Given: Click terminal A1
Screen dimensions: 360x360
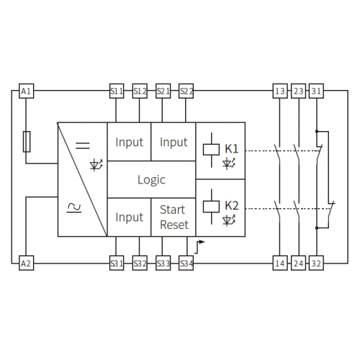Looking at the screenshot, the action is pyautogui.click(x=26, y=91).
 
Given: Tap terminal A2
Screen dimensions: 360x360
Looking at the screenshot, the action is pyautogui.click(x=26, y=264).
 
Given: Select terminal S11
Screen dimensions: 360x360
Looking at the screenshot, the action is pyautogui.click(x=117, y=91).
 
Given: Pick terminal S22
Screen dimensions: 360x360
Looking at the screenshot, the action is pyautogui.click(x=186, y=91).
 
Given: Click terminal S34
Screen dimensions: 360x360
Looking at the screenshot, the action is pyautogui.click(x=186, y=264).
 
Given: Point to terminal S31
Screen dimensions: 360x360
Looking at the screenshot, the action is pyautogui.click(x=117, y=264).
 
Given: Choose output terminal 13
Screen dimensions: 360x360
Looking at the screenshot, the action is pyautogui.click(x=280, y=91).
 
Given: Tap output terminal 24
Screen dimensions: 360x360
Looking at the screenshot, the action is pyautogui.click(x=298, y=264).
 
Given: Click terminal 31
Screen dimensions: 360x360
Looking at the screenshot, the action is pyautogui.click(x=316, y=91).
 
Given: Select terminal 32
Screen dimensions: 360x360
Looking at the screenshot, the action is pyautogui.click(x=316, y=264).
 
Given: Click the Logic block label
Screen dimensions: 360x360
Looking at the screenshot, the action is pyautogui.click(x=151, y=180).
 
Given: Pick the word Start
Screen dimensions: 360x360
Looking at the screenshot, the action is pyautogui.click(x=172, y=210).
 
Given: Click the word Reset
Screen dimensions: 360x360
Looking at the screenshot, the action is pyautogui.click(x=174, y=225).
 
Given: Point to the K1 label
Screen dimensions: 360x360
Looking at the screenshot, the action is pyautogui.click(x=232, y=149).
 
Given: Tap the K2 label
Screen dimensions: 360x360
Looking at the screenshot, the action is pyautogui.click(x=232, y=206).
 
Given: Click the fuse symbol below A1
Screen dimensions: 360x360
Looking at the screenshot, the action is pyautogui.click(x=27, y=142).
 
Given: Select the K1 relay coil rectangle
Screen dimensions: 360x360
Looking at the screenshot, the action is pyautogui.click(x=211, y=150).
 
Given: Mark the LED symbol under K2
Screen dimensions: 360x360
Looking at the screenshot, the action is pyautogui.click(x=229, y=220).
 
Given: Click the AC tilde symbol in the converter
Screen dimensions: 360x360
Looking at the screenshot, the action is pyautogui.click(x=74, y=208).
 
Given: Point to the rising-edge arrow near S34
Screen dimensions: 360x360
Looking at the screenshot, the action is pyautogui.click(x=199, y=246).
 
